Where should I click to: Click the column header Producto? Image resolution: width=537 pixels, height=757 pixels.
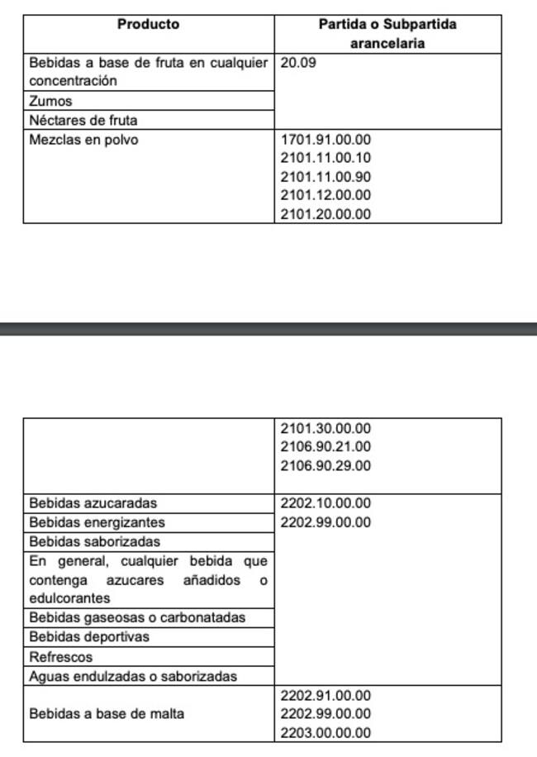[148, 24]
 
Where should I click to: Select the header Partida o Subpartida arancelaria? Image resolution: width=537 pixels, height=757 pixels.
[387, 34]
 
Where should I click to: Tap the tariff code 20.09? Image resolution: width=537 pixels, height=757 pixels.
[298, 62]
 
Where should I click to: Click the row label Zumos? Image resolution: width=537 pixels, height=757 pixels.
[50, 101]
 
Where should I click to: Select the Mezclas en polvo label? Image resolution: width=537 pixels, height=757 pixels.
[83, 140]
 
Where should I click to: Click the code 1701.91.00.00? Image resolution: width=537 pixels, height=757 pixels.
[326, 140]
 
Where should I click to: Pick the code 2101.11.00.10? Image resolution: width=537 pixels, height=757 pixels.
[326, 158]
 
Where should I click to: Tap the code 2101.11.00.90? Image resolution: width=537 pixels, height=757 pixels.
[326, 177]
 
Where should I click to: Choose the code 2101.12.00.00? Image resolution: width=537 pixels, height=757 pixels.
[326, 195]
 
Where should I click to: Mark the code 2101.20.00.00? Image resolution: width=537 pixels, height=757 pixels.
[326, 214]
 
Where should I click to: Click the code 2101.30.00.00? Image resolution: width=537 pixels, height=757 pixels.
[326, 428]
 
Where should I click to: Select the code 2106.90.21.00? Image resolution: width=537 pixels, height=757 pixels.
[326, 446]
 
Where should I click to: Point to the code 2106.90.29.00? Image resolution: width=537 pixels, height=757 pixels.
[326, 465]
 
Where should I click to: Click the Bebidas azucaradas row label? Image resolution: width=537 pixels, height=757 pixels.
[93, 502]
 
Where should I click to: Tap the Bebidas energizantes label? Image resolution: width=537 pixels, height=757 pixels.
[97, 522]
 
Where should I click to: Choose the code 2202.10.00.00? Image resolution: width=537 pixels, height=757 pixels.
[326, 502]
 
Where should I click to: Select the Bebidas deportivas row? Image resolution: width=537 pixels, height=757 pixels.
[89, 637]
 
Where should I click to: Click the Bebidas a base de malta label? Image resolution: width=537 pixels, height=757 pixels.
[107, 713]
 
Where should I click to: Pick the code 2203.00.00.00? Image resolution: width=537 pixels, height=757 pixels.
[326, 732]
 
